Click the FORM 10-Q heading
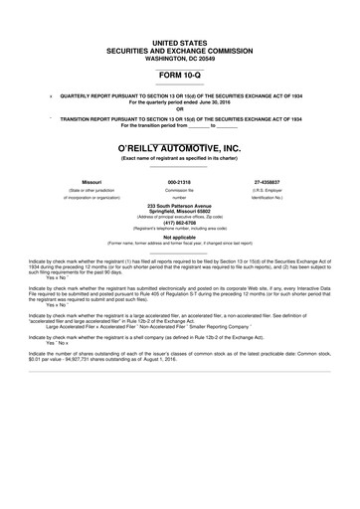click(x=179, y=74)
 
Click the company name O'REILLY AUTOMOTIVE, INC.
click(x=179, y=147)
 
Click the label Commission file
click(x=179, y=190)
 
